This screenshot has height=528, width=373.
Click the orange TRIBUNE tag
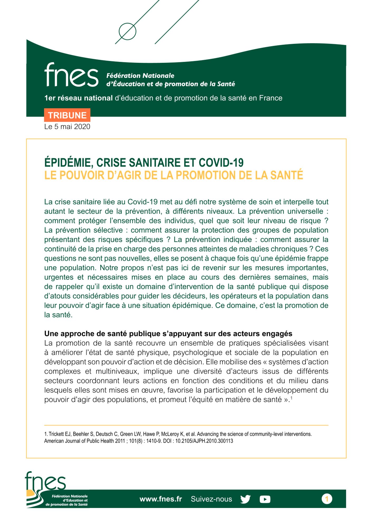point(67,115)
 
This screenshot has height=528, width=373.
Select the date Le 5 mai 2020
point(67,127)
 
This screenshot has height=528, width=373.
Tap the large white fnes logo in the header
point(71,75)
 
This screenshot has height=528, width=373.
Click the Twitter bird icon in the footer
point(245,499)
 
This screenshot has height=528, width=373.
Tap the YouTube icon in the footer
point(265,499)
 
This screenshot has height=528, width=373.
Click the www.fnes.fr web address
point(161,499)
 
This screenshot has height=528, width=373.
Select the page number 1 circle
point(327,499)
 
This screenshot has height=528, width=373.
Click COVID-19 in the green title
point(221,163)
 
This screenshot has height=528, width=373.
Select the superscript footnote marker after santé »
point(291,398)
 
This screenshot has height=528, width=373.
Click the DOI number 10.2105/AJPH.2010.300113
point(204,441)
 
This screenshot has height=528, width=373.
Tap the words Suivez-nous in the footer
point(211,499)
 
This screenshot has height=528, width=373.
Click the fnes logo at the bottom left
point(45,483)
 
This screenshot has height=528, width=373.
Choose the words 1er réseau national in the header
point(79,98)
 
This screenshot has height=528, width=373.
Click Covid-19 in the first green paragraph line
point(143,202)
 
